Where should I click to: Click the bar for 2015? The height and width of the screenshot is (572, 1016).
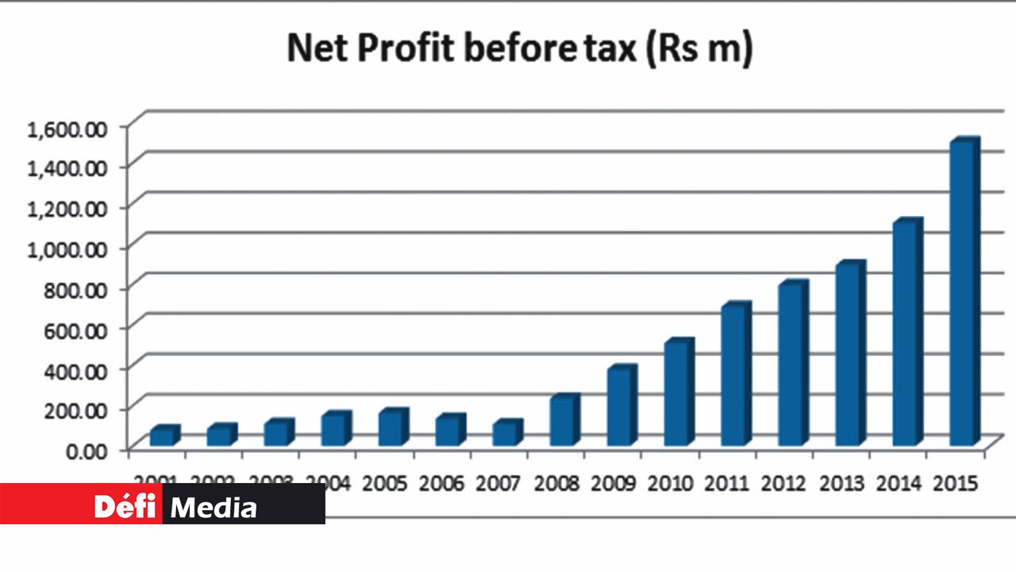coord(964,294)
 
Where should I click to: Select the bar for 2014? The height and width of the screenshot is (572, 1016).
coord(906,334)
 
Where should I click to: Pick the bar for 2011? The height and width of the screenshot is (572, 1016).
coord(735,375)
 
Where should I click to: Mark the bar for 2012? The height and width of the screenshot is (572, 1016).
coord(792,365)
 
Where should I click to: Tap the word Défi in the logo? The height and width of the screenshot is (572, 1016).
coord(127,506)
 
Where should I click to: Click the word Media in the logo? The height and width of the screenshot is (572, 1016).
coord(214,507)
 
